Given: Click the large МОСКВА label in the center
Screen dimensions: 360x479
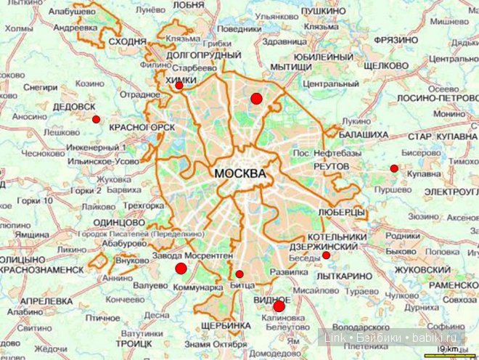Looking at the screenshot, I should click(239, 175).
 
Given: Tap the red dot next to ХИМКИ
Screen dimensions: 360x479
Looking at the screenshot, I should click(179, 86).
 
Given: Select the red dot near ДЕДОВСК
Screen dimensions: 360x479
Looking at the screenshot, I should click(96, 119).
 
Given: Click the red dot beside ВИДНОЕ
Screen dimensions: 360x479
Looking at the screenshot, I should click(279, 306).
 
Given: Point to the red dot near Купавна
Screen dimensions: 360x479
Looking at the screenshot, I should click(394, 168).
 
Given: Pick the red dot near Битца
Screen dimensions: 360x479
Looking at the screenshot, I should click(239, 274).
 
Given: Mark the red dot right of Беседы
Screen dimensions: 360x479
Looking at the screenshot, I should click(327, 255).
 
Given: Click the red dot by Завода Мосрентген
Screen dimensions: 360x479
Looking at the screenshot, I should click(181, 269).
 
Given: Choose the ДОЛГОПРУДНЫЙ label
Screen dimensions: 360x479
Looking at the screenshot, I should click(204, 54).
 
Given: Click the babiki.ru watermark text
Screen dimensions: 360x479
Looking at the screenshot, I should click(431, 337).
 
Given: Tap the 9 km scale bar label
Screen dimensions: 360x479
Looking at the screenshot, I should click(450, 352).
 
